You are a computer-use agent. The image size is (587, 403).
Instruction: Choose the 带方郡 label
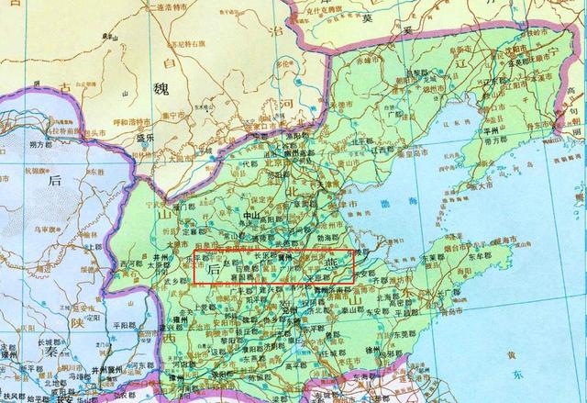click(x=571, y=135)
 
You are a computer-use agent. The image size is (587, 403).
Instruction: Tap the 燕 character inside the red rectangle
click(x=328, y=266)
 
